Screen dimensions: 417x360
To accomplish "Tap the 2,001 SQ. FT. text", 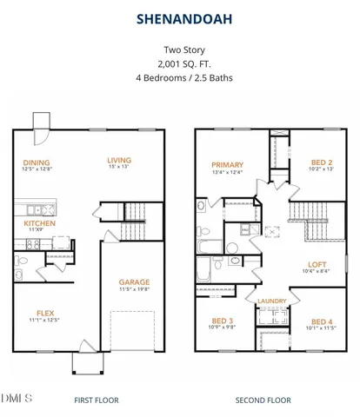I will (x=180, y=64).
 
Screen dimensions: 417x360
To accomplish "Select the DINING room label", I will (x=36, y=162).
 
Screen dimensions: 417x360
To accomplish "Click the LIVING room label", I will (x=119, y=160).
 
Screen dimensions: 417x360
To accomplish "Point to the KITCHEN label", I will (x=39, y=222).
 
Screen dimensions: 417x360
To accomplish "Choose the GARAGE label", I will (x=134, y=281).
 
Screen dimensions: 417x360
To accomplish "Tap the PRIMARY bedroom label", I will (x=226, y=164).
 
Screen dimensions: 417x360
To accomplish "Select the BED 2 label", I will (x=322, y=162).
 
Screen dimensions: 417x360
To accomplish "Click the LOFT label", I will (x=317, y=264).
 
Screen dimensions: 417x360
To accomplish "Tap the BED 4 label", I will (x=322, y=321).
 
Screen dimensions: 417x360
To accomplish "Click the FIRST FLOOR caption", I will (x=97, y=400).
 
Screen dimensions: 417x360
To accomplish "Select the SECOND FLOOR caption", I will (x=263, y=400).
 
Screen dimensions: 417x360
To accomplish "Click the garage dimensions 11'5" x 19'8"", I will (x=134, y=290).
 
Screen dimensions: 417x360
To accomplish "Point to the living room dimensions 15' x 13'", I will (x=119, y=169).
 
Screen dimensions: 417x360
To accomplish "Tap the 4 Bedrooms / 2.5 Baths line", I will (x=180, y=77).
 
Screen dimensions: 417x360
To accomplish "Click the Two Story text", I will (x=180, y=50).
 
